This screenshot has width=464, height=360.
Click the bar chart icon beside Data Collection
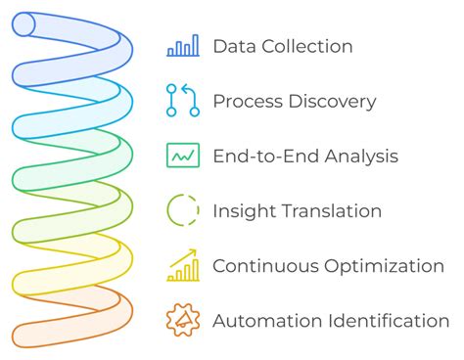point(183,46)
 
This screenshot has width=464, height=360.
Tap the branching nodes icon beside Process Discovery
point(183,101)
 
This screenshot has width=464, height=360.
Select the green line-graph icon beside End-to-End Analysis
point(183,156)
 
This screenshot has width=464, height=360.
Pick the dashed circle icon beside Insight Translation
point(183,210)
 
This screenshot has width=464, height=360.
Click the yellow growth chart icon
point(183,264)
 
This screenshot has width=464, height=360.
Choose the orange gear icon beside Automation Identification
point(183,320)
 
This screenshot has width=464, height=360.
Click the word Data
point(231,46)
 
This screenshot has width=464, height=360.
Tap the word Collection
point(304,46)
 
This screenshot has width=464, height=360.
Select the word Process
point(245,101)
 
